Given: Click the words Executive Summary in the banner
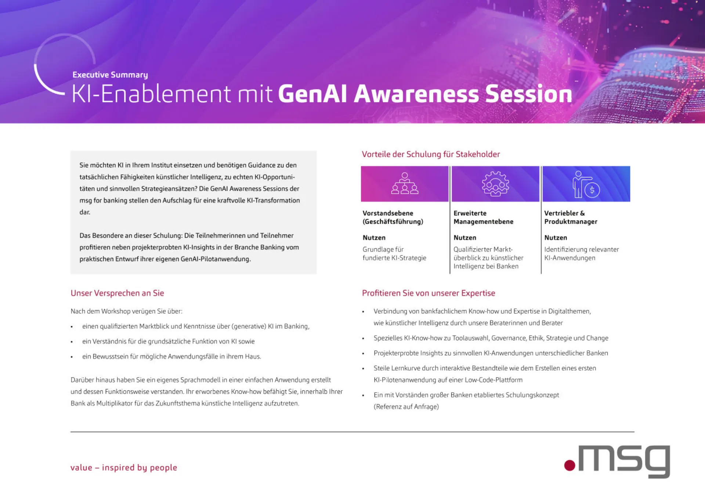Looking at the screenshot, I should click(110, 75).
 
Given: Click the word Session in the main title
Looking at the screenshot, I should click(529, 94).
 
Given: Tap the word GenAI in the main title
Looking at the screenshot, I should click(312, 94).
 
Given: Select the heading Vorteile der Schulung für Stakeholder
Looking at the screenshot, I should click(431, 154).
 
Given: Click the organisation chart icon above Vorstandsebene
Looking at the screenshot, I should click(405, 184).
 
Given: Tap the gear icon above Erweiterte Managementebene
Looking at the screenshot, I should click(495, 184).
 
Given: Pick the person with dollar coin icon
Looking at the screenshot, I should click(586, 184).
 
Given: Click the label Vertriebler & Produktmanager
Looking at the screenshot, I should click(571, 217).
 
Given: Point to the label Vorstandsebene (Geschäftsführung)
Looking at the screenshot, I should click(393, 217).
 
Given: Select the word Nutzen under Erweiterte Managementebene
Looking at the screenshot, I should click(465, 238).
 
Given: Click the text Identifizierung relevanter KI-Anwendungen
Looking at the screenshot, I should click(581, 254).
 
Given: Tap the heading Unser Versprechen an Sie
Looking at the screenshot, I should click(117, 293).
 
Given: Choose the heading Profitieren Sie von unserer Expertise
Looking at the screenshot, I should click(429, 293).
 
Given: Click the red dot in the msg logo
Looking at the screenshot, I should click(570, 465).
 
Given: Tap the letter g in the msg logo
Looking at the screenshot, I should click(655, 461).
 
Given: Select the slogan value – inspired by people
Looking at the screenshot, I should click(124, 468).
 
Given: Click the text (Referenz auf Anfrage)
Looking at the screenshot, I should click(406, 407).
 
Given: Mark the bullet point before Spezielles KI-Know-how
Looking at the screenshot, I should click(363, 339).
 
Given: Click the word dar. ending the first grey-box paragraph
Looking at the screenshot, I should click(85, 212).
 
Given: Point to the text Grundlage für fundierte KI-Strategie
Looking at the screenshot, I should click(394, 254).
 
